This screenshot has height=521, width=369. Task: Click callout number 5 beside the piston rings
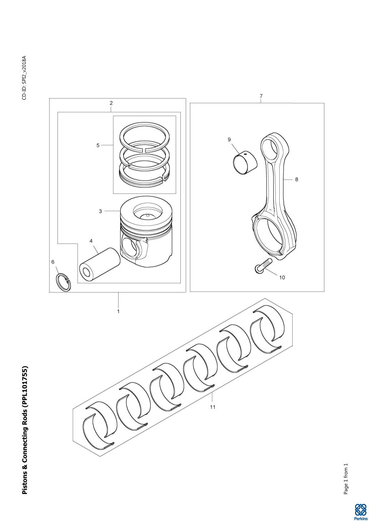[x=98, y=145]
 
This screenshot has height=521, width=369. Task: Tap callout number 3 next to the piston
[x=100, y=211]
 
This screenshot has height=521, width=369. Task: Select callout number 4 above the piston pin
[x=91, y=241]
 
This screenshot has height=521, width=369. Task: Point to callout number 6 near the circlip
[x=53, y=262]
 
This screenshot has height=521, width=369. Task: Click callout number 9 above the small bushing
[x=229, y=139]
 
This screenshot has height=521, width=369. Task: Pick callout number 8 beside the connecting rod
[x=296, y=180]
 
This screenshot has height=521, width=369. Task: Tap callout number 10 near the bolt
[x=282, y=277]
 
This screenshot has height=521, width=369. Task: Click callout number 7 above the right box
[x=261, y=96]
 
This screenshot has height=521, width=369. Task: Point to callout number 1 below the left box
[x=118, y=311]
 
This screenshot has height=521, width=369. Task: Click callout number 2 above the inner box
[x=111, y=103]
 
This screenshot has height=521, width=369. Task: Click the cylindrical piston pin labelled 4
[x=100, y=265]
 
